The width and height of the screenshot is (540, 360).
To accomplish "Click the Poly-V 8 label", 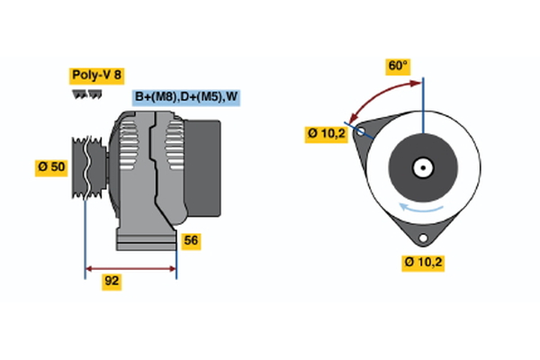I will (x=96, y=76).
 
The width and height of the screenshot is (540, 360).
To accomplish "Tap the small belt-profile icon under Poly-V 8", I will (x=85, y=94).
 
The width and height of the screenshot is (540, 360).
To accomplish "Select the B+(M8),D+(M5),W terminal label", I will (x=187, y=97).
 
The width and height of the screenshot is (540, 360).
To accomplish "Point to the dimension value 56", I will (x=191, y=240).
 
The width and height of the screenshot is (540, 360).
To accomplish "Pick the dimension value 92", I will (x=112, y=280).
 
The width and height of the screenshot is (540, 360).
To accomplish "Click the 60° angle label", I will (x=398, y=66).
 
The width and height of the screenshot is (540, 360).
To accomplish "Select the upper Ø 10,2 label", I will (x=325, y=133).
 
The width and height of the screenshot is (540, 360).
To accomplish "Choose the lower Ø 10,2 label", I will (x=424, y=262).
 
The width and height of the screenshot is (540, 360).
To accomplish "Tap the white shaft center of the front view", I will (x=422, y=166).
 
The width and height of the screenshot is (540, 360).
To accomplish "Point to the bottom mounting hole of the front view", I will (x=421, y=237).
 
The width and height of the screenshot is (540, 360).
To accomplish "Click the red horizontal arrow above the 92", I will (x=130, y=268).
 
